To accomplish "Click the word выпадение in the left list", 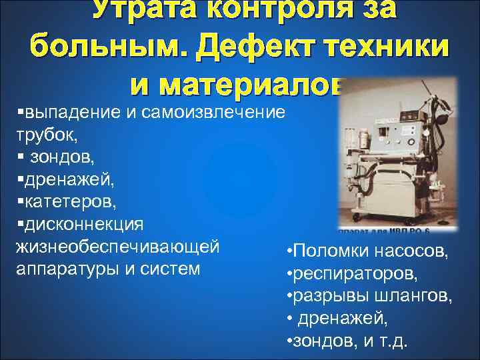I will (64, 111).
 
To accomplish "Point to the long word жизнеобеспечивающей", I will (117, 247).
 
